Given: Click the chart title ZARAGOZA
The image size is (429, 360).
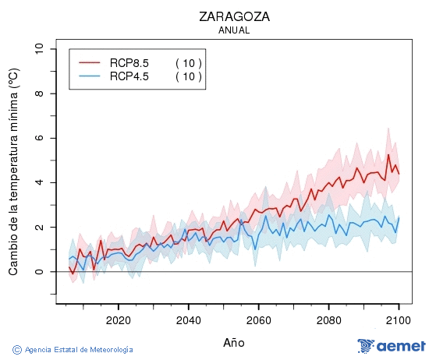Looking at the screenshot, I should tap(234, 16).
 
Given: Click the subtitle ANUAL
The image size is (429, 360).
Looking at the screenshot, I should tap(234, 30).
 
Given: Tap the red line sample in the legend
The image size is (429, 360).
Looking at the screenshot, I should tap(90, 63).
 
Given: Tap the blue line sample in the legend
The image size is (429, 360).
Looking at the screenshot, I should tap(90, 76).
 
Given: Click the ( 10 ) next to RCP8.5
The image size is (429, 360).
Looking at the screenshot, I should tap(188, 63).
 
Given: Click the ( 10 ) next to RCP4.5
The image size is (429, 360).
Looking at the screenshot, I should tap(188, 76).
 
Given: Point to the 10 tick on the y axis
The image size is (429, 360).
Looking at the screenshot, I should tap(40, 49).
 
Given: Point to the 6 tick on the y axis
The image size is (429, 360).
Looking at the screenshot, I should tap(40, 138).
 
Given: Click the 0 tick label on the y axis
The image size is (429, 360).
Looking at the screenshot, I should tap(40, 271).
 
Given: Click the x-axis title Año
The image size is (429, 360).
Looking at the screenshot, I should tap(234, 342).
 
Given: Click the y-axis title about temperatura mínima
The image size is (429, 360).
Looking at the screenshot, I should tap(13, 171).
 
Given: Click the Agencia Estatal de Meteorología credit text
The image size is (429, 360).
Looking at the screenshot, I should tap(78, 349).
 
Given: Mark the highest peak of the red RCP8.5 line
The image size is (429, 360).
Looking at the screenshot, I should tap(388, 154).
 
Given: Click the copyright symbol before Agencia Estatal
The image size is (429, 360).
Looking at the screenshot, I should tap(17, 349).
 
